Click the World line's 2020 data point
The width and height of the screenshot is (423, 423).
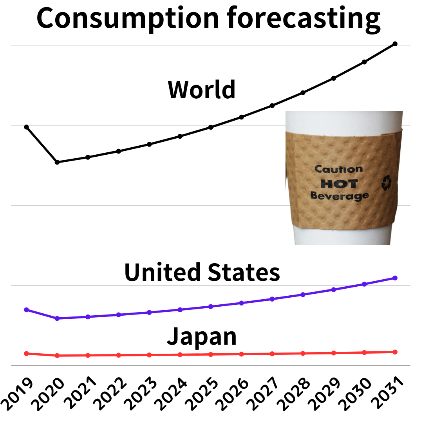(x=57, y=162)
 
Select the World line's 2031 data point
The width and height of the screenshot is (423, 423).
(x=395, y=43)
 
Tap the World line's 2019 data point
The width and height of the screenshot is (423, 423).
(x=27, y=127)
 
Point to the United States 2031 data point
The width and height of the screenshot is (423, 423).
(x=395, y=278)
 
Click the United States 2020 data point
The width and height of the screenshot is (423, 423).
(x=57, y=318)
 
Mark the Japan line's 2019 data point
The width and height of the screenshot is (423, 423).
(x=27, y=354)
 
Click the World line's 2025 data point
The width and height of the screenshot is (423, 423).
(x=211, y=127)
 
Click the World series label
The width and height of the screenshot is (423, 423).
(x=202, y=89)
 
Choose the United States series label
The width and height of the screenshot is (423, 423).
(x=202, y=273)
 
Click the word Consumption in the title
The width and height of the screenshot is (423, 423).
(x=127, y=18)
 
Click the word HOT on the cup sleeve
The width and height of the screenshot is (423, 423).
(x=339, y=183)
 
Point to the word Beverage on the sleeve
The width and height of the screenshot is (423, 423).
(x=340, y=195)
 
